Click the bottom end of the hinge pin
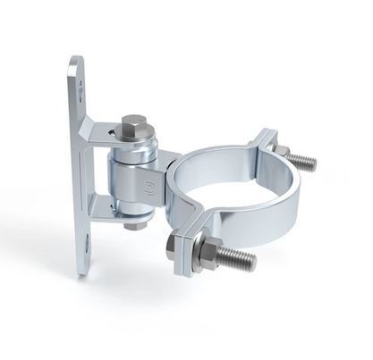tap(134, 225)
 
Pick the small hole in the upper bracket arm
tap(109, 134)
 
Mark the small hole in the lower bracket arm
tap(113, 211)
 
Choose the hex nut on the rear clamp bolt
tap(280, 151)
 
